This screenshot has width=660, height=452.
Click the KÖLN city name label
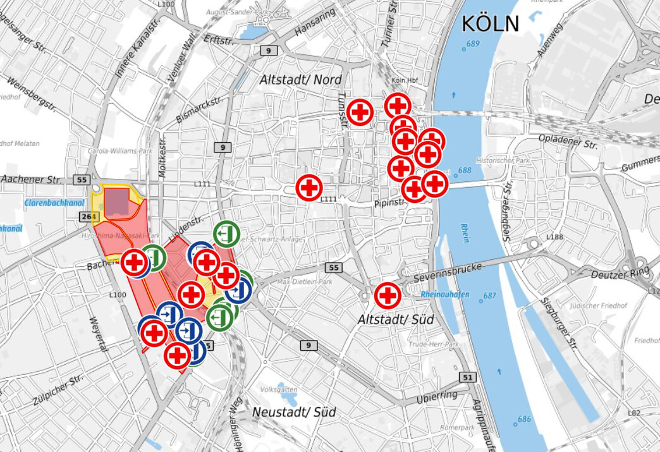[x=490, y=24]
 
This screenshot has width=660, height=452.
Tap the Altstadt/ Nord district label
[x=300, y=80]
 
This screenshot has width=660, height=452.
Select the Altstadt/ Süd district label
[x=396, y=320]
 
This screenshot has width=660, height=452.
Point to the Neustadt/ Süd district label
[x=294, y=412]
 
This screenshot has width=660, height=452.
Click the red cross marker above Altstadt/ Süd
[x=388, y=295]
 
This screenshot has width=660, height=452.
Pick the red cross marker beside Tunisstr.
[x=360, y=113]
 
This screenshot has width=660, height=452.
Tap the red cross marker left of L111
[x=309, y=188]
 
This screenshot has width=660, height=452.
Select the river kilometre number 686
[x=524, y=419]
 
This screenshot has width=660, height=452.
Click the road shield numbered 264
[x=89, y=217]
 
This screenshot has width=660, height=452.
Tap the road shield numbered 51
[x=467, y=377]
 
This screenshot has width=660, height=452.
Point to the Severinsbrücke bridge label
[x=448, y=273]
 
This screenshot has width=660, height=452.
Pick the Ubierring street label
[x=436, y=398]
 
